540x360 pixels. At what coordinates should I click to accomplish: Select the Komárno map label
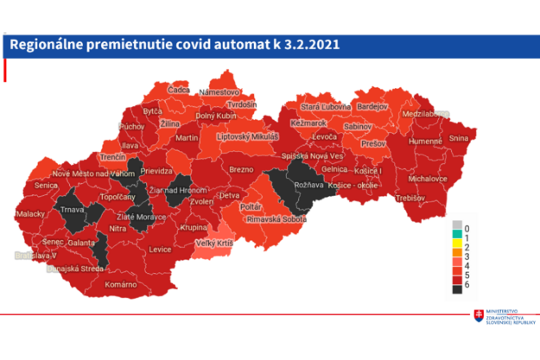(x=121, y=284)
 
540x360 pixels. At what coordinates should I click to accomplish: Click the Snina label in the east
(x=459, y=139)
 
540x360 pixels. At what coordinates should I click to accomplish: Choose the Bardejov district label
(x=372, y=107)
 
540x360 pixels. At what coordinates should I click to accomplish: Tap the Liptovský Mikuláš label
(x=247, y=137)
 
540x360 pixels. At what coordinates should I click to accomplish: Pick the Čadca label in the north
(x=179, y=90)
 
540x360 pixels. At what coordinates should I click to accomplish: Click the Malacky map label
(x=30, y=214)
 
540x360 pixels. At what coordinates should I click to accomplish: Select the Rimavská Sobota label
(x=276, y=219)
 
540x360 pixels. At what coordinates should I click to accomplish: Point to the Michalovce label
(x=427, y=179)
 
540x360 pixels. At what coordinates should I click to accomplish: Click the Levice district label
(x=160, y=249)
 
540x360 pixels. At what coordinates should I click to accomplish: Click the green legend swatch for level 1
(x=457, y=234)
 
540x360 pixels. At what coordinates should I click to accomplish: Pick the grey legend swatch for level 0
(x=457, y=224)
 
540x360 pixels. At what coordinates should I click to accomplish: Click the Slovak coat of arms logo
(x=479, y=315)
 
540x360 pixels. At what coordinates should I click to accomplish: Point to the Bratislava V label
(x=36, y=256)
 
